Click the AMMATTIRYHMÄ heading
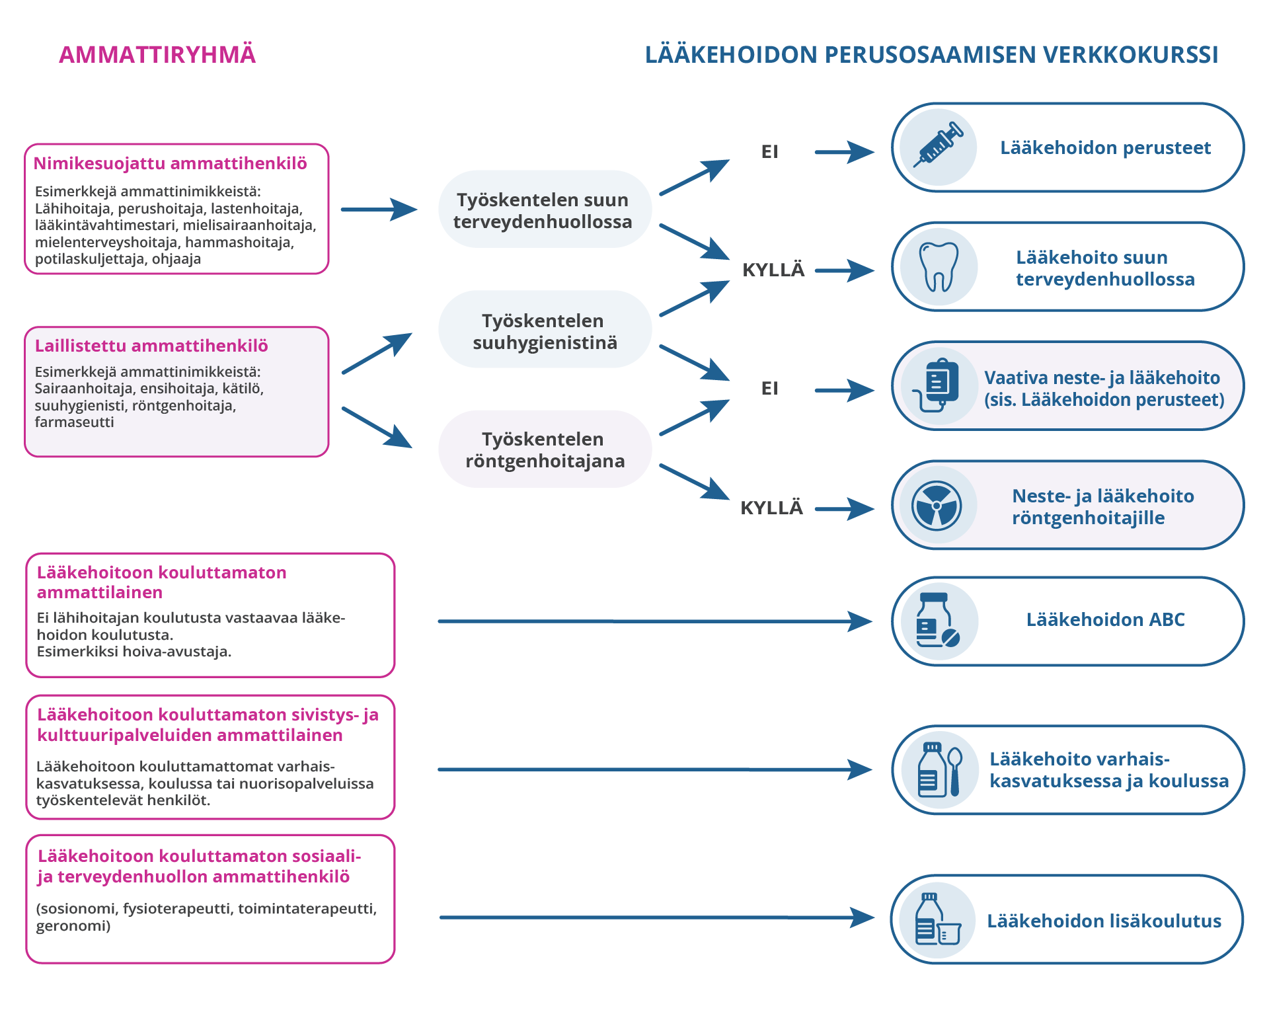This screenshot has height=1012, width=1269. pos(157,55)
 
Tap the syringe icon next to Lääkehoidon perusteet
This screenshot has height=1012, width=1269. pos(938,147)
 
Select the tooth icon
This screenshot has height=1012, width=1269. pos(939,267)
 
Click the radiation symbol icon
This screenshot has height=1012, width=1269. pos(937,506)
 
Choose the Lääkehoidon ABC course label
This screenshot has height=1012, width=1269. pos(1105,620)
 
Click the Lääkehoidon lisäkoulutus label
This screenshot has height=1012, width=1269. pos(1104,921)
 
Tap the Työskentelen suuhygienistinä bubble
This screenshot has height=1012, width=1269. pos(545,331)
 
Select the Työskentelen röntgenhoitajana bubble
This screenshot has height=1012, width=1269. pos(545,449)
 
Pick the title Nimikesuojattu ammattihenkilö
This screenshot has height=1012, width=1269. pos(171,163)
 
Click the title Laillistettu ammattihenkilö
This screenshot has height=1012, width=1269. pos(151,346)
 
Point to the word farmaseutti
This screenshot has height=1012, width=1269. pos(74,422)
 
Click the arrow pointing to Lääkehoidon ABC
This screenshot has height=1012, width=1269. pos(654,621)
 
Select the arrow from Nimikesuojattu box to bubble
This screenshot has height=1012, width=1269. pos(379,210)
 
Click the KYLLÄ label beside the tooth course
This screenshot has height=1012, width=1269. pos(773,270)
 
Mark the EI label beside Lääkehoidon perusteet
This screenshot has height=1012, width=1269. pos(770,152)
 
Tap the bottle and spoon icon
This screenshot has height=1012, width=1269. pos(939,770)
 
